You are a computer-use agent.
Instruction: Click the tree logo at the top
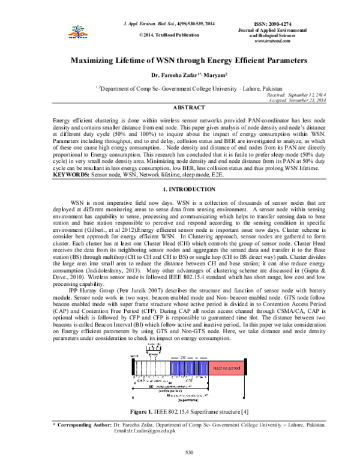click(x=73, y=33)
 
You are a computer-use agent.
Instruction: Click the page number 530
click(x=189, y=452)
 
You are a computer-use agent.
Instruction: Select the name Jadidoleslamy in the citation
click(x=106, y=271)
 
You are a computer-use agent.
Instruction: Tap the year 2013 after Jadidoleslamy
click(x=133, y=271)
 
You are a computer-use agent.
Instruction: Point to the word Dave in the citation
click(x=60, y=278)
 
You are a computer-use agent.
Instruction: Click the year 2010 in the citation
click(x=76, y=278)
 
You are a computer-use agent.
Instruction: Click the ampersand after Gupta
click(x=324, y=271)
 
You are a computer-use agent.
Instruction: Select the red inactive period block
click(x=226, y=367)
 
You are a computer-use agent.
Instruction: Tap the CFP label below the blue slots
click(x=188, y=381)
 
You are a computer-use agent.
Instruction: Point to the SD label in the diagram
click(x=152, y=387)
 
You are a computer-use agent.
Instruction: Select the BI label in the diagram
click(x=169, y=396)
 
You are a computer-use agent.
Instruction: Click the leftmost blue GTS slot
click(x=175, y=367)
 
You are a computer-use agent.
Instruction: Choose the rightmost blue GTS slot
click(x=205, y=367)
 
